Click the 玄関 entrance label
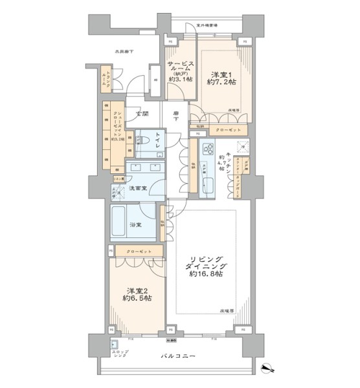[x=142, y=114]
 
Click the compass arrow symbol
[x=269, y=369]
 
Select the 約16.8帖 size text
[x=205, y=274]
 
